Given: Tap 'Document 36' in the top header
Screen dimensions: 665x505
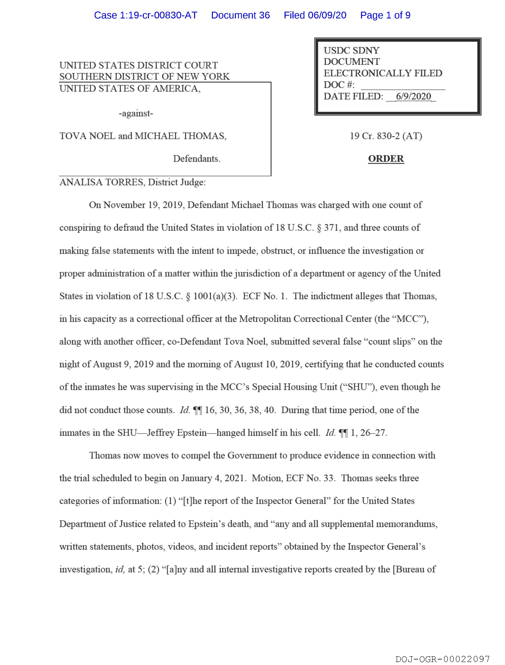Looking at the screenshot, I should point(240,15).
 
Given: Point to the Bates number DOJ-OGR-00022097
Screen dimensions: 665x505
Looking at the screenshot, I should point(442,659).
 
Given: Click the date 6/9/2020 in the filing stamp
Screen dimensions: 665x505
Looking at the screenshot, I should point(413,96).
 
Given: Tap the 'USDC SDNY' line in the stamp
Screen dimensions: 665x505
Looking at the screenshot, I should point(351,50).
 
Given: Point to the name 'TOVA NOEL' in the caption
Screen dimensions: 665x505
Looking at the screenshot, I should point(87,136).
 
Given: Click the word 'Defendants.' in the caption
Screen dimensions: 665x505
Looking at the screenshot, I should point(197,159).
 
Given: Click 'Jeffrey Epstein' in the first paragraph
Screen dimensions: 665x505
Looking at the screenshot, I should point(177,433).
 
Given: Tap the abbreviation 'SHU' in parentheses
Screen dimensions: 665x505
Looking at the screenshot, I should point(358,387).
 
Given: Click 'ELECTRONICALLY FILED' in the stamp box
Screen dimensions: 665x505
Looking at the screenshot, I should point(383,73).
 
